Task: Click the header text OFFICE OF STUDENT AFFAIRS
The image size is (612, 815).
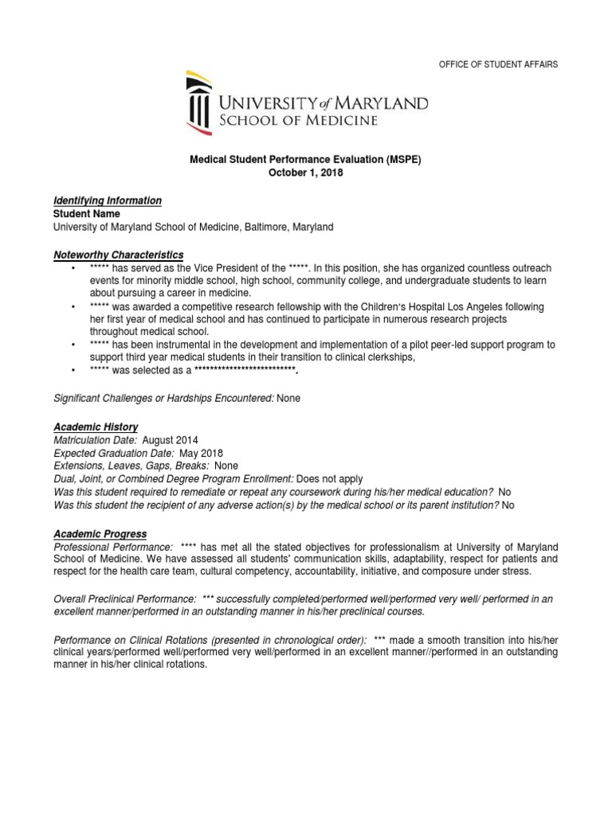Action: [x=499, y=64]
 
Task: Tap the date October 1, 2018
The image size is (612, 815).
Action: [x=305, y=173]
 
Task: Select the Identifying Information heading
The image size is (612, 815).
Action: [x=107, y=201]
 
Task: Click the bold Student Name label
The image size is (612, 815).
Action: [x=86, y=214]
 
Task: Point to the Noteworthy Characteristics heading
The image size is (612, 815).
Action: [x=118, y=255]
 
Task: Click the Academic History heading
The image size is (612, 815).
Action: [x=95, y=427]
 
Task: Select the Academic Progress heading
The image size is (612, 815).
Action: [x=100, y=533]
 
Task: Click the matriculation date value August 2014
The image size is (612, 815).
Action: [x=171, y=440]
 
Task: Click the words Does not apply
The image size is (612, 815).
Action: [x=330, y=479]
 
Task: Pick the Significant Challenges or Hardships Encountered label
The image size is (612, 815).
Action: [x=163, y=398]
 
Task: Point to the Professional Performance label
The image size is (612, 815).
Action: [x=112, y=548]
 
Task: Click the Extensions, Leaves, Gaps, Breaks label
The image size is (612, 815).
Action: [x=131, y=466]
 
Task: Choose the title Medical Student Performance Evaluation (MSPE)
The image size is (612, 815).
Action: [x=305, y=159]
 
